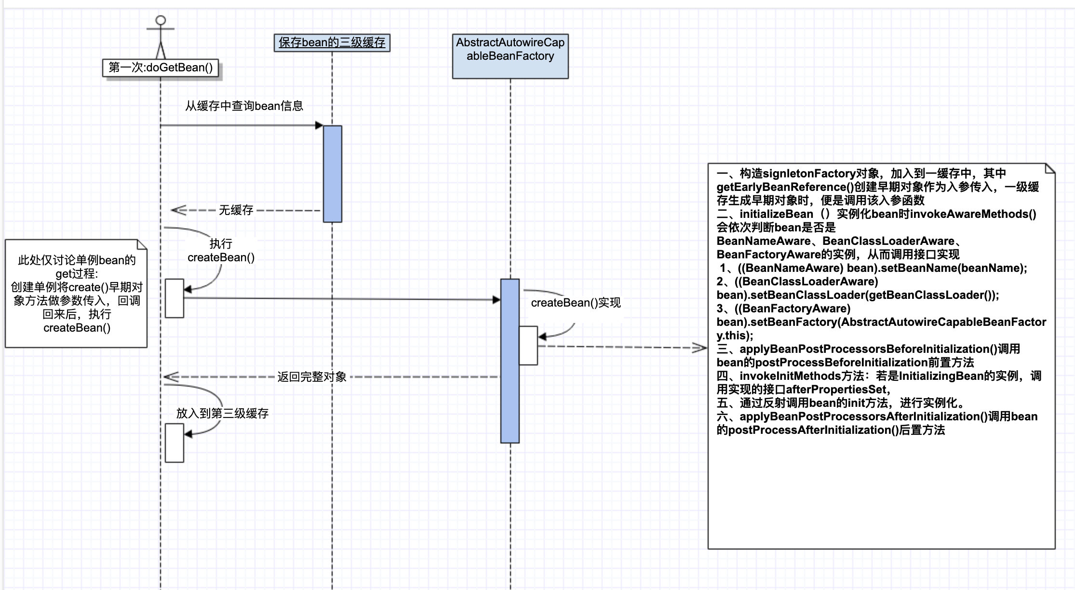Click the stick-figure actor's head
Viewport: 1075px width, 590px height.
pos(161,20)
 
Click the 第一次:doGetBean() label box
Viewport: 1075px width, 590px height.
pos(161,67)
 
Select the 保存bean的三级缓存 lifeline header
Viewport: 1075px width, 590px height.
pos(332,42)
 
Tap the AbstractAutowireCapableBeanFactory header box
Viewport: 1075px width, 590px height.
pos(510,56)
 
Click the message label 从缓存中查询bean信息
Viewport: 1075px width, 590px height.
pos(244,106)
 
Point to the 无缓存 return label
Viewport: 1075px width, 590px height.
pos(236,210)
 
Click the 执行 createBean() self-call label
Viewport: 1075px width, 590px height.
pos(221,251)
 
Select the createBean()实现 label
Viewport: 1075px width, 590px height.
pos(576,303)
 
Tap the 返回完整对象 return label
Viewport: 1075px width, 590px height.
pos(311,377)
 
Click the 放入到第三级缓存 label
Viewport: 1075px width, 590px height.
pos(222,413)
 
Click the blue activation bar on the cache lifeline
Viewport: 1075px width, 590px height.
pos(332,174)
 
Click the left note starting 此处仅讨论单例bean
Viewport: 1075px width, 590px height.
pos(76,294)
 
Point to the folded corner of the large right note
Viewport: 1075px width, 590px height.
pos(1049,169)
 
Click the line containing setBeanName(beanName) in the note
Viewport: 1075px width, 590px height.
pos(873,268)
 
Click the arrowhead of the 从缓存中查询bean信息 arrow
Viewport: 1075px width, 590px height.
pos(319,125)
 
